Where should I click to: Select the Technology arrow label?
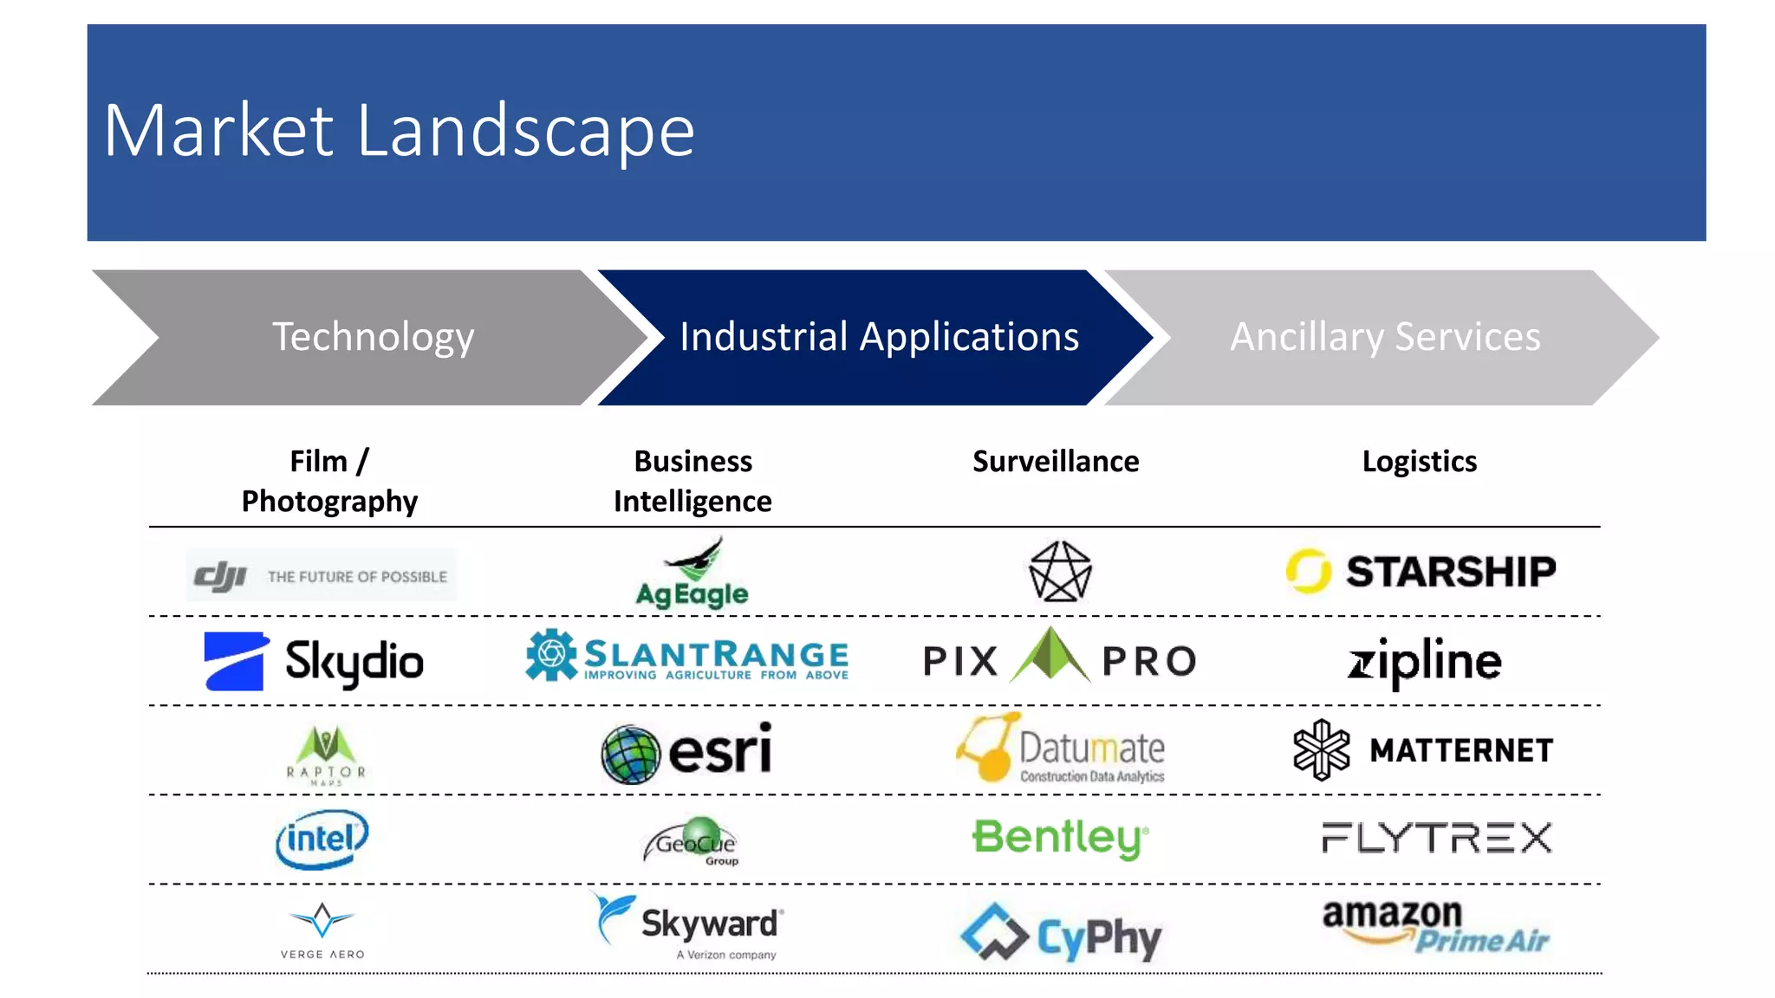pos(373,336)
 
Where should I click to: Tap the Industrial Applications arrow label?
pos(879,336)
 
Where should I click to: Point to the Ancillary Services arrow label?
pos(1385,336)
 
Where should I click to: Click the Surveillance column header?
pos(1056,461)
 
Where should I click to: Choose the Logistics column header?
pos(1419,461)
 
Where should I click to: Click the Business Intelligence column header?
pos(692,481)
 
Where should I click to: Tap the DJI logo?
pos(321,575)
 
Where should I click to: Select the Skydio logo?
pos(314,661)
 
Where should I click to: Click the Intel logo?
pos(322,838)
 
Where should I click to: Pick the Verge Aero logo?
pos(322,930)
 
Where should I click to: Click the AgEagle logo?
pos(692,574)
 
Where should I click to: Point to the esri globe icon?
pos(630,754)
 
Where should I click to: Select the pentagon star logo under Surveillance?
pos(1059,572)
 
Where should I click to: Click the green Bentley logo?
pos(1060,838)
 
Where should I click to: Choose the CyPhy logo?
pos(1060,934)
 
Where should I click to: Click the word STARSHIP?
pos(1450,572)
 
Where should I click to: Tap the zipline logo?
pos(1424,662)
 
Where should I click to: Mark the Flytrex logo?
pos(1436,838)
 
